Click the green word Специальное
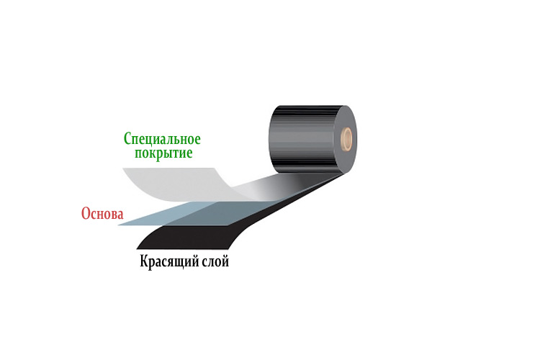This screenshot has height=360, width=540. pos(162,138)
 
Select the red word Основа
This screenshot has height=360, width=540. pos(102,214)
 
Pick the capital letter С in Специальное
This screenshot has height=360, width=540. pos(127,138)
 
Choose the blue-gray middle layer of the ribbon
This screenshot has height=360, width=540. pos(180,214)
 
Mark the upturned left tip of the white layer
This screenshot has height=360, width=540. pos(125,171)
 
